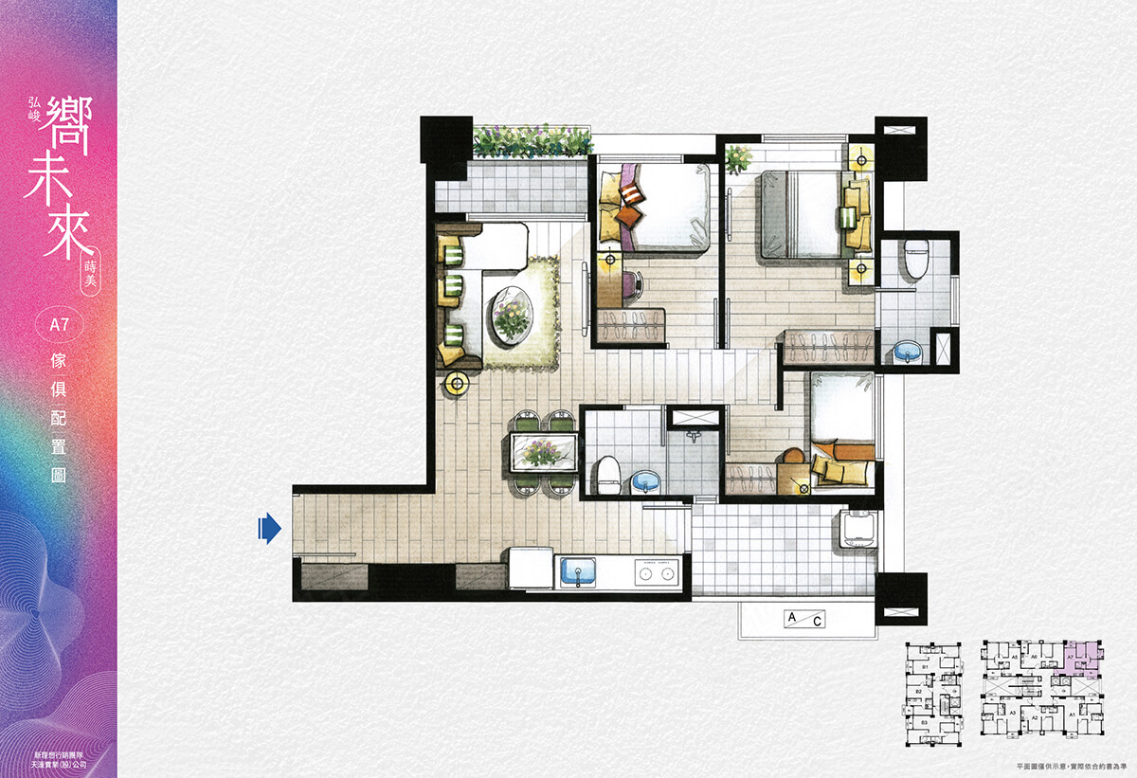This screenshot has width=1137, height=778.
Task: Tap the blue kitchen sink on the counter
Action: click(578, 572)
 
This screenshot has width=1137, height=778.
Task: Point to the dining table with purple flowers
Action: click(542, 452)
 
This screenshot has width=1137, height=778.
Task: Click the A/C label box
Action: click(802, 620)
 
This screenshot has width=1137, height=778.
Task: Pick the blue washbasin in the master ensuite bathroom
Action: click(907, 352)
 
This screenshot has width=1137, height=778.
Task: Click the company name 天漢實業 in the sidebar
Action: click(59, 763)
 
